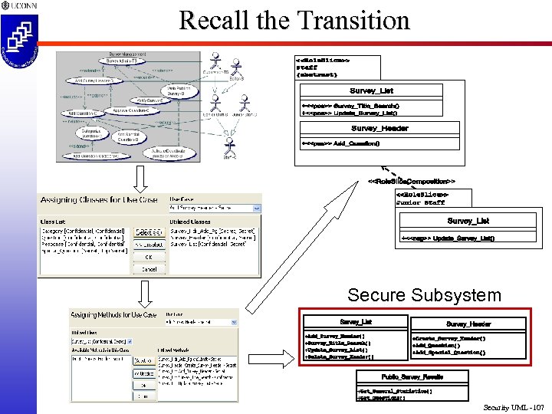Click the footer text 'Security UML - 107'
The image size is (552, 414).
(513, 406)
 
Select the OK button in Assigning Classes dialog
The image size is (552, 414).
(149, 257)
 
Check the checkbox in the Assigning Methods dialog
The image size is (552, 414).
(130, 342)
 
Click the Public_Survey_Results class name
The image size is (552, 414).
(412, 376)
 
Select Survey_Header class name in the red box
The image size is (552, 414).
(468, 324)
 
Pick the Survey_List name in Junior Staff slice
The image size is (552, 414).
(468, 221)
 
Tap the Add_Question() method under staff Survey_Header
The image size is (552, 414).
(341, 143)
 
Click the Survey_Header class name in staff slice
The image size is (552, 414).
(379, 128)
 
